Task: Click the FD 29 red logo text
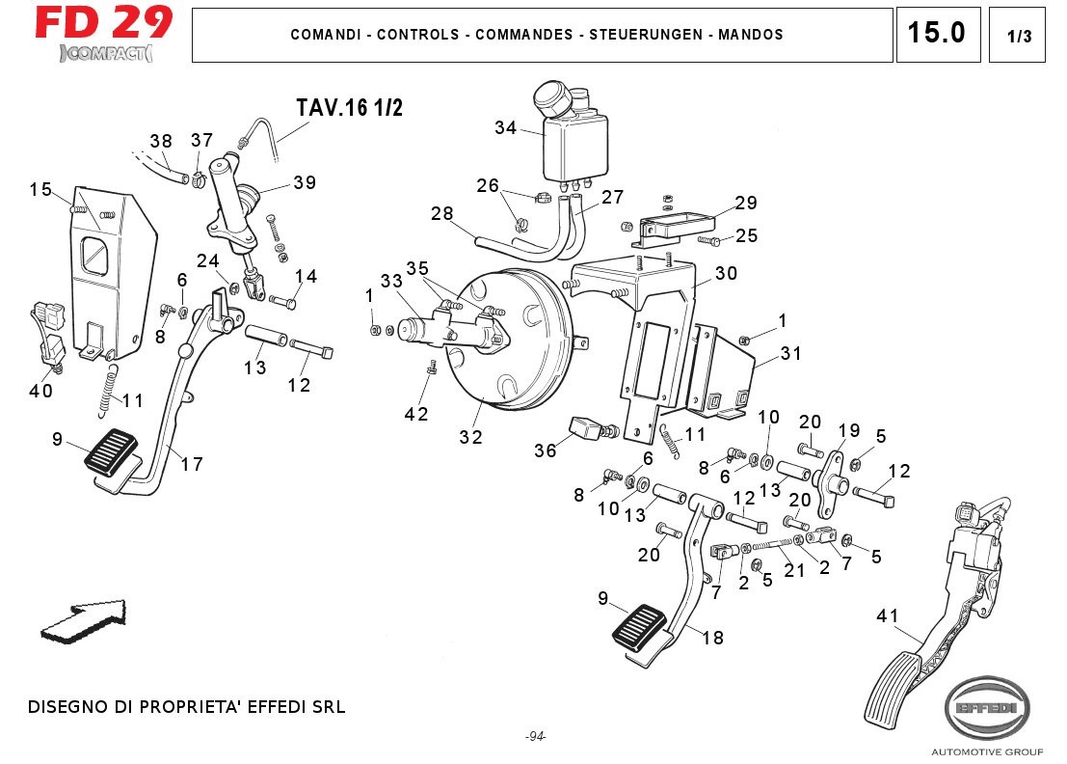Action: (x=104, y=22)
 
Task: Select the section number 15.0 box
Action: (x=937, y=34)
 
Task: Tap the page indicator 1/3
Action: (x=1018, y=37)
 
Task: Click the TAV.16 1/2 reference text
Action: (x=349, y=108)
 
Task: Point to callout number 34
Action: (x=506, y=127)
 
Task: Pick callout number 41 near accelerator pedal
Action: (x=887, y=615)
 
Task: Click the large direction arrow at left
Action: (x=83, y=620)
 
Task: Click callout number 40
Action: (x=40, y=391)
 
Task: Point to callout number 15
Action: (x=40, y=190)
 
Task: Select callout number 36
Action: (x=546, y=450)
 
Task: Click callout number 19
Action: (x=848, y=430)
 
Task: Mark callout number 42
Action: (x=416, y=414)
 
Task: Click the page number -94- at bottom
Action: (x=536, y=737)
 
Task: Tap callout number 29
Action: (x=746, y=204)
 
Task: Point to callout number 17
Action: (x=192, y=464)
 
